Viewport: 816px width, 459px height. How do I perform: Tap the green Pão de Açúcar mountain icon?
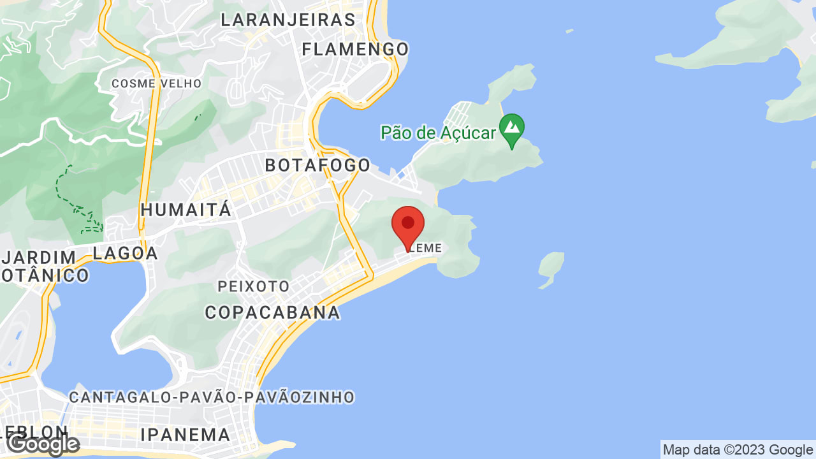[512, 129]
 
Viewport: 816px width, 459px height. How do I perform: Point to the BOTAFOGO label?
[317, 165]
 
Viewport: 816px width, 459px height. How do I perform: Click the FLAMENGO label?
[355, 49]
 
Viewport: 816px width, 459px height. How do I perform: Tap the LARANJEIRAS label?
[288, 20]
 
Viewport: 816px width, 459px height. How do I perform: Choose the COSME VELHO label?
[156, 84]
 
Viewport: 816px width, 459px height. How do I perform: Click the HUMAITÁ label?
[186, 210]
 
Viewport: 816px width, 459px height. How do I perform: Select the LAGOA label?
[126, 253]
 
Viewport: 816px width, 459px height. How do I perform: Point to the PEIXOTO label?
[254, 286]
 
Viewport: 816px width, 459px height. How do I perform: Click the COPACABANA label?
[272, 312]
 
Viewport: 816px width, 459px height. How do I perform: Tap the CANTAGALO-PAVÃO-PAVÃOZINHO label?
[212, 397]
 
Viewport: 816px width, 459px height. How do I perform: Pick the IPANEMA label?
[185, 435]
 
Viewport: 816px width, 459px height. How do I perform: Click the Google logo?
[43, 444]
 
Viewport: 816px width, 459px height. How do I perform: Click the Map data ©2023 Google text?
[738, 450]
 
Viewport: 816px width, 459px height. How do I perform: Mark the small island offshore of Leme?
[551, 268]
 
